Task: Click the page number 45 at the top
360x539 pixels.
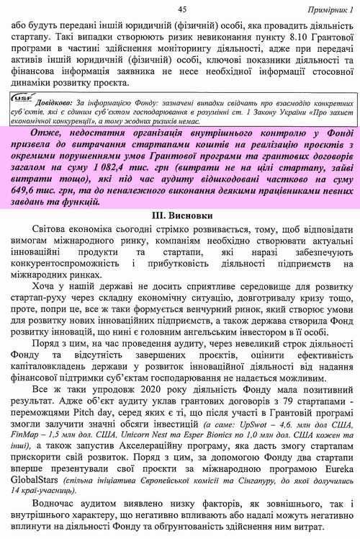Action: coord(181,8)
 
